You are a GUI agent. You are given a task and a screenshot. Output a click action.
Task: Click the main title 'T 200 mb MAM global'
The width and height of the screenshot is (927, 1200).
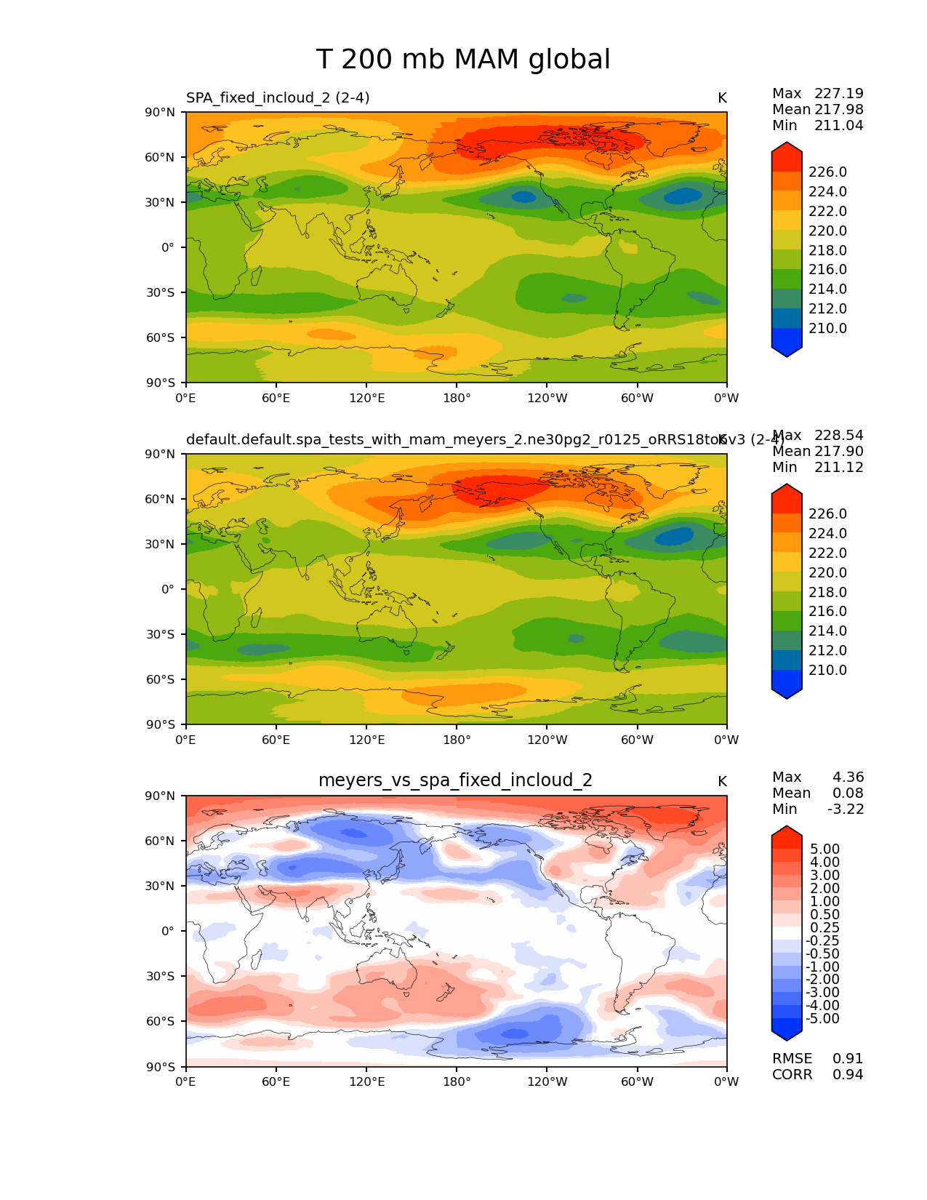[463, 60]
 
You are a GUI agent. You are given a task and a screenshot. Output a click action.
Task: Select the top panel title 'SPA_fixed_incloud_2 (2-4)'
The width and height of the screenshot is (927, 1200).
[278, 97]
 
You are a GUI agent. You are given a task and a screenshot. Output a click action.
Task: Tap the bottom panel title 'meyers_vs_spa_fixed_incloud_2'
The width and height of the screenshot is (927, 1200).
[455, 780]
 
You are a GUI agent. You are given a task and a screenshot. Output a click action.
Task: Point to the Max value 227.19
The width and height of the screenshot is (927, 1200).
[839, 93]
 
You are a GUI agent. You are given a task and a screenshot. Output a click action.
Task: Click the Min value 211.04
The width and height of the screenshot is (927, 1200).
[839, 125]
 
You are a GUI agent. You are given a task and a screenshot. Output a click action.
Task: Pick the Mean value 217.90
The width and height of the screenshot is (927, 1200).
[839, 451]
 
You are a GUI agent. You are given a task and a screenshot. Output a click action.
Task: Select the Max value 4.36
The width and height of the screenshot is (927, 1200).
[848, 777]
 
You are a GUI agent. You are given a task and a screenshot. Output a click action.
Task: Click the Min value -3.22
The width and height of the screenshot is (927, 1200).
[846, 809]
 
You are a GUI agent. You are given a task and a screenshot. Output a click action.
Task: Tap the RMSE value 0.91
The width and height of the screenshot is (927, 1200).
[848, 1058]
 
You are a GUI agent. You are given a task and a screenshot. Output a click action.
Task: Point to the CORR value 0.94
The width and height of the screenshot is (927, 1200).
[848, 1074]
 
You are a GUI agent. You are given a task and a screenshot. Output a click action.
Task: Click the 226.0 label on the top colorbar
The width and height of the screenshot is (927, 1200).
[827, 172]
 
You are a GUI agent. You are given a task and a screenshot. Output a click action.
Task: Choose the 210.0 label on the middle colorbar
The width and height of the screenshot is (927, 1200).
[827, 670]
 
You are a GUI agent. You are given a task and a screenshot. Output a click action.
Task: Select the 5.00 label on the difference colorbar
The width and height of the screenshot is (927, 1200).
[824, 849]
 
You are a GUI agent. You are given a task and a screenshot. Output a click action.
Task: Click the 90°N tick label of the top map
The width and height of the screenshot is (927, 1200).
[161, 112]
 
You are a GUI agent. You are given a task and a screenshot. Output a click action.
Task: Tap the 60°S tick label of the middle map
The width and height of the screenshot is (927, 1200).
[161, 679]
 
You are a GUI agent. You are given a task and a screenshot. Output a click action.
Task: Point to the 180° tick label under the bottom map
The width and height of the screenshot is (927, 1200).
[457, 1081]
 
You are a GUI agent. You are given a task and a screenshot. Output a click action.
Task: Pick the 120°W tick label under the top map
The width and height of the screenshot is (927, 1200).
[547, 398]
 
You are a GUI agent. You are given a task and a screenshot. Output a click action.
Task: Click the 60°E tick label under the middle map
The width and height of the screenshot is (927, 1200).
[276, 740]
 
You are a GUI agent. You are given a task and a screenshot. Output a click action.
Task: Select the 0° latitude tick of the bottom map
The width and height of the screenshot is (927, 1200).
[168, 931]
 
